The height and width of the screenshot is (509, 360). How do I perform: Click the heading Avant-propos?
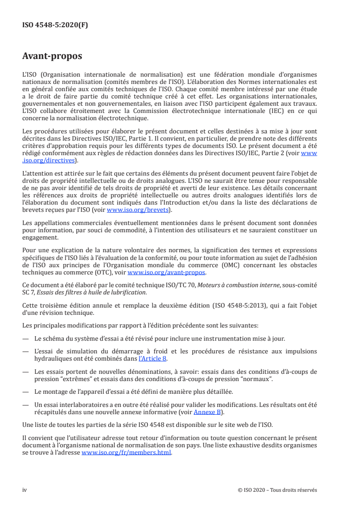point(52,56)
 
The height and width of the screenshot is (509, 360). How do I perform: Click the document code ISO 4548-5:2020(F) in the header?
point(55,25)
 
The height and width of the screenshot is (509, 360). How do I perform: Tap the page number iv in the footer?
point(25,489)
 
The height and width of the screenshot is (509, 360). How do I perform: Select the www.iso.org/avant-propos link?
point(167,273)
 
